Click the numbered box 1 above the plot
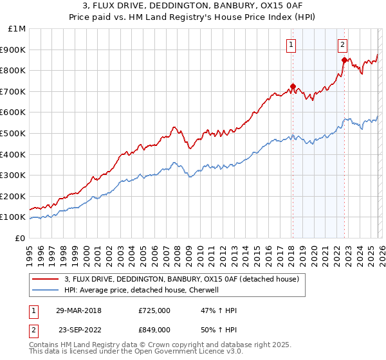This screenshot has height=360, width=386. (x=291, y=45)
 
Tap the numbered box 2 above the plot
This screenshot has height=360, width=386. (x=342, y=45)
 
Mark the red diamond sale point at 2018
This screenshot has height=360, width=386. (x=293, y=86)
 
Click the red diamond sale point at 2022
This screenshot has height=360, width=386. (x=344, y=60)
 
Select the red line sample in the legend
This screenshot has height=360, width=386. (x=46, y=280)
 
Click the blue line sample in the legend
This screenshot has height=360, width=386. (x=46, y=290)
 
